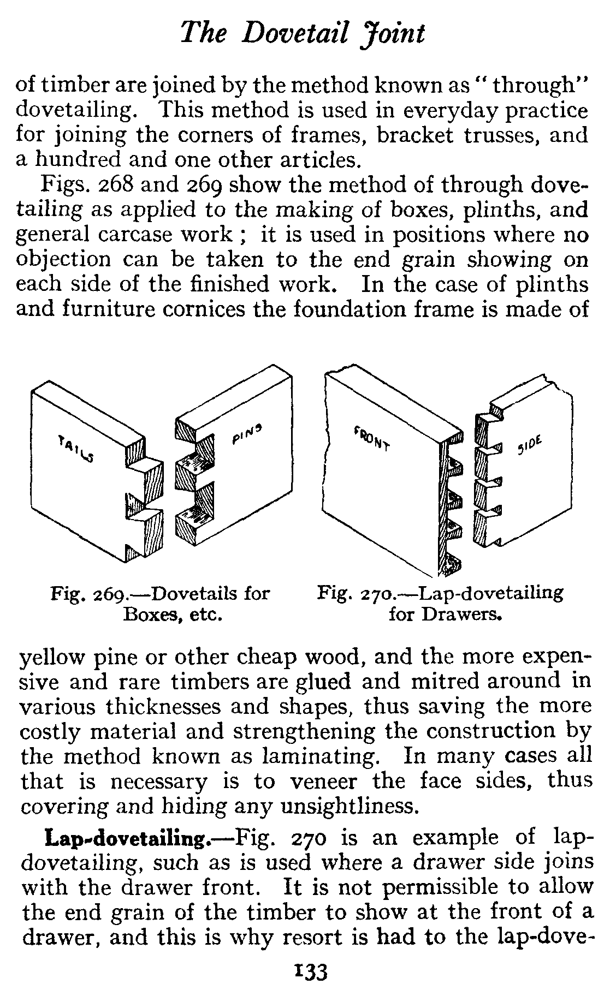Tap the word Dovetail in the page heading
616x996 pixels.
pos(296,34)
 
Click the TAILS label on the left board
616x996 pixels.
pos(75,448)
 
